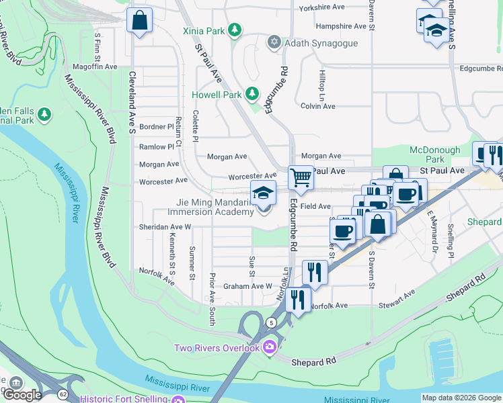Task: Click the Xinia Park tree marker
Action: click(x=234, y=30)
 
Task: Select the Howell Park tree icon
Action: click(x=251, y=94)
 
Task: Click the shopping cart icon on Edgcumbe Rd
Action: click(x=301, y=178)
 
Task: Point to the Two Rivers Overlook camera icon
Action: click(x=270, y=347)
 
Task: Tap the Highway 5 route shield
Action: click(x=271, y=322)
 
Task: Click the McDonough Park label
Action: click(x=435, y=155)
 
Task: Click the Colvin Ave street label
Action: click(x=317, y=106)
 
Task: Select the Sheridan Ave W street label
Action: click(x=165, y=227)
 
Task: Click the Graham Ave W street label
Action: click(x=247, y=285)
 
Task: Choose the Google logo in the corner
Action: click(x=22, y=395)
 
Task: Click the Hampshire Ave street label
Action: click(x=341, y=26)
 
